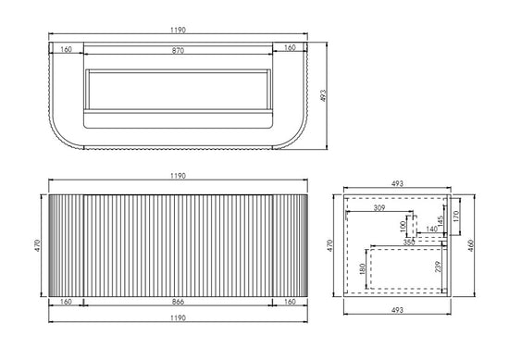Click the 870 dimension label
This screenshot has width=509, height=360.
pos(178,50)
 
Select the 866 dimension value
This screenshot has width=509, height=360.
pos(178,302)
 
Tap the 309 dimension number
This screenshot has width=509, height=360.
pos(379,207)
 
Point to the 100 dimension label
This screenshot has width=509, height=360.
pos(403,226)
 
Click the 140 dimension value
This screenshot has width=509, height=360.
pos(432,230)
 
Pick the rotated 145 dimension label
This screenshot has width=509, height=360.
pos(441,221)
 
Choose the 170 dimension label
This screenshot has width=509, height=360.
pos(455,217)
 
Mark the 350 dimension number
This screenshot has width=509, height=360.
pos(409,242)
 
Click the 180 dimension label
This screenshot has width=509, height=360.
pos(363,269)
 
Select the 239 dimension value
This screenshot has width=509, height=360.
pos(438,267)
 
